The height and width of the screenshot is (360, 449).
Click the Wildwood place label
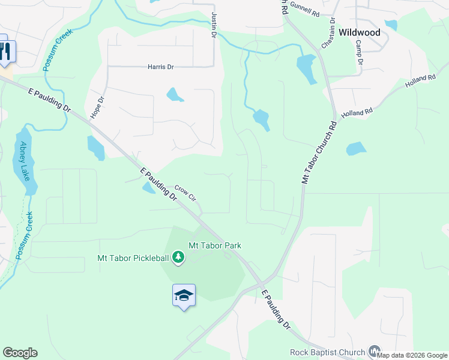pyautogui.click(x=359, y=32)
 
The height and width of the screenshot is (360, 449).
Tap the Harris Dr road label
pyautogui.click(x=160, y=67)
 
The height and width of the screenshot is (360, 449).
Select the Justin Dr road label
pyautogui.click(x=213, y=25)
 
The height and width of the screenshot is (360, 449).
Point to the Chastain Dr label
pyautogui.click(x=328, y=34)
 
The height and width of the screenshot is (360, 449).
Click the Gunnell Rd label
pyautogui.click(x=304, y=8)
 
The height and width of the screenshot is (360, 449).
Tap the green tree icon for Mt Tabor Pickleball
pyautogui.click(x=178, y=257)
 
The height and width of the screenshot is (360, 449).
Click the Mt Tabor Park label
pyautogui.click(x=214, y=245)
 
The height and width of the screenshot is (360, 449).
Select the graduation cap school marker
pyautogui.click(x=184, y=295)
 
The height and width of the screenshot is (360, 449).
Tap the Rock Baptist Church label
pyautogui.click(x=327, y=352)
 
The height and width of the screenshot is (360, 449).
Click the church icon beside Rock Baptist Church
pyautogui.click(x=374, y=351)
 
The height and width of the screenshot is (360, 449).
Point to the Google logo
pyautogui.click(x=20, y=353)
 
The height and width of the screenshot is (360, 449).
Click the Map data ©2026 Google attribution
pyautogui.click(x=412, y=355)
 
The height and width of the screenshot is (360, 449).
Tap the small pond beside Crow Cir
pyautogui.click(x=148, y=188)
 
